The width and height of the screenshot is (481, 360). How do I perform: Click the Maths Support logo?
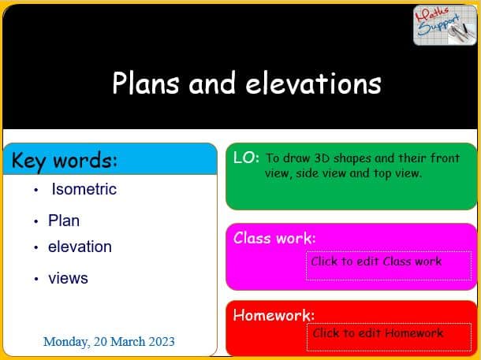[x=445, y=25]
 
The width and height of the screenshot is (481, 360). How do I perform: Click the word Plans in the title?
[x=146, y=83]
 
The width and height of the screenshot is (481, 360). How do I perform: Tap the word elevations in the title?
[x=314, y=83]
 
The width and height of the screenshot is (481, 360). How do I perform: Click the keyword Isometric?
[x=84, y=189]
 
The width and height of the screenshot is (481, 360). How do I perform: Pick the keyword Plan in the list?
[x=64, y=221]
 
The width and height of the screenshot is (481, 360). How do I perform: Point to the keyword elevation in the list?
[x=80, y=247]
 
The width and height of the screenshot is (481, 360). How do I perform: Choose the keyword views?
[x=68, y=279]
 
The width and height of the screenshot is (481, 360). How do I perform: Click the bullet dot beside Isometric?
[x=36, y=191]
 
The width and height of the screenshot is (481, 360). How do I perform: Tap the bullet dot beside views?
[x=36, y=279]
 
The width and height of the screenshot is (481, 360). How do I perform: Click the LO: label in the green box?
[x=246, y=158]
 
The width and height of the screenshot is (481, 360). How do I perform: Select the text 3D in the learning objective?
[x=322, y=158]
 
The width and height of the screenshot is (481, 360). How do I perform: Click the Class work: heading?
[x=274, y=238]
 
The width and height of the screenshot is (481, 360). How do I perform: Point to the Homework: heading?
[x=274, y=315]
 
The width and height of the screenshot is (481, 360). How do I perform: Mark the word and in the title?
[x=212, y=83]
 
